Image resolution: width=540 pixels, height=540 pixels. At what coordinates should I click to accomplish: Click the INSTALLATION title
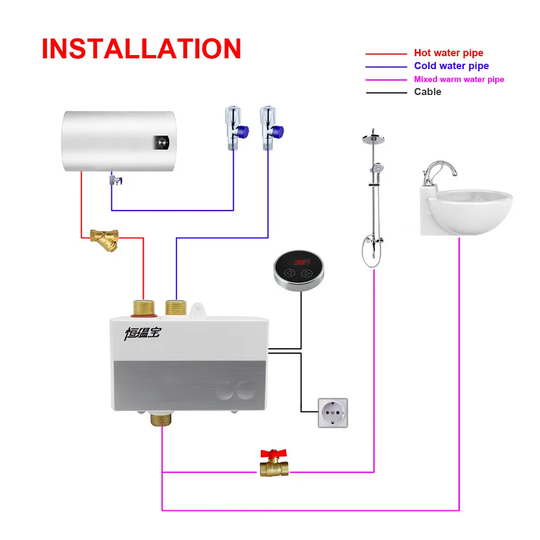click(x=141, y=49)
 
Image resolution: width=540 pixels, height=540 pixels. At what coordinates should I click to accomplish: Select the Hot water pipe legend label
click(x=448, y=53)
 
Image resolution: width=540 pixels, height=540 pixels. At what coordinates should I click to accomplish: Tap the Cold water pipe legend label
click(x=451, y=66)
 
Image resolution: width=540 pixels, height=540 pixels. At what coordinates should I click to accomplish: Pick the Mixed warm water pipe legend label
click(x=458, y=79)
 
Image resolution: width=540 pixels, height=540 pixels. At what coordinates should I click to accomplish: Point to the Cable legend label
click(x=427, y=92)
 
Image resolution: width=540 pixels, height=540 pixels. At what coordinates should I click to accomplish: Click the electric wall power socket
click(x=333, y=413)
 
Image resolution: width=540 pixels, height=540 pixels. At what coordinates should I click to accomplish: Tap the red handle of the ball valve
click(x=274, y=453)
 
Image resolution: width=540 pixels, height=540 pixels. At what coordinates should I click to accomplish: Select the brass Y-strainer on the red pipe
click(x=106, y=239)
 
